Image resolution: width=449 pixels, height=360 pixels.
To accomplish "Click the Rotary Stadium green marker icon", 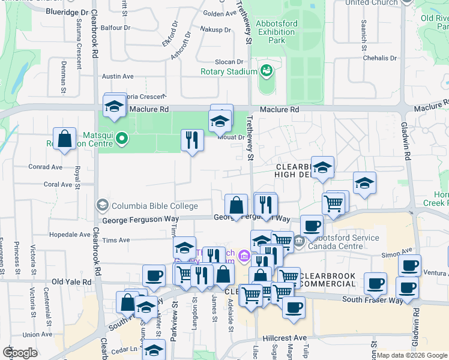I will pyautogui.click(x=266, y=71).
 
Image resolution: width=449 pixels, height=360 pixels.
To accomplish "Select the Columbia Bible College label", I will pyautogui.click(x=154, y=206).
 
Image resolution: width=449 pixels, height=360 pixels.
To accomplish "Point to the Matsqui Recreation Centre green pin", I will pyautogui.click(x=122, y=139).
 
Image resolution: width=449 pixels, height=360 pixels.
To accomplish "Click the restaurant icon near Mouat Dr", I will pyautogui.click(x=192, y=140).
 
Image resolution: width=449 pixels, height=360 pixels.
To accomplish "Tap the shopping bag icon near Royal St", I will pyautogui.click(x=64, y=138).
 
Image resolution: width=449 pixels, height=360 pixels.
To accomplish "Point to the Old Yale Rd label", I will pyautogui.click(x=71, y=281).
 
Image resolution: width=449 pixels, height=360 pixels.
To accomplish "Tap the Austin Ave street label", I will pyautogui.click(x=118, y=76).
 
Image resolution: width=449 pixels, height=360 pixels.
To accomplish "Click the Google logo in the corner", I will pyautogui.click(x=20, y=353).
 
